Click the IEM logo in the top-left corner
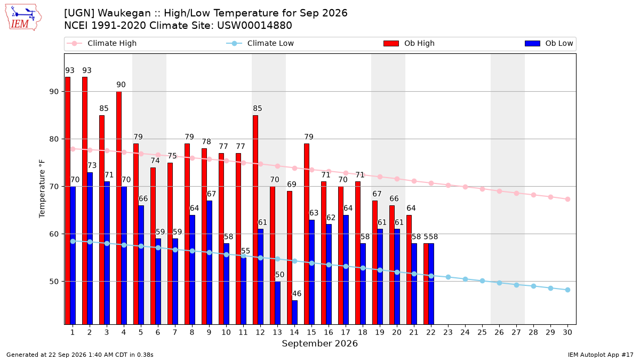[x=23, y=18]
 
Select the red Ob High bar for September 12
[x=255, y=220]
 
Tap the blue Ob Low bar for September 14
[x=294, y=313]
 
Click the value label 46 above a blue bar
[x=297, y=294]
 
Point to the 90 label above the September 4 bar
[x=121, y=85]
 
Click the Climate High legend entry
[x=102, y=43]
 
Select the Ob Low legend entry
[x=549, y=43]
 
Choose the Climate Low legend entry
[x=260, y=43]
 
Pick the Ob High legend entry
[x=409, y=43]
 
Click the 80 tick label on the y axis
[x=54, y=139]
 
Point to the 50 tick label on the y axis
[x=54, y=282]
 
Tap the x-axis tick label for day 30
[x=567, y=332]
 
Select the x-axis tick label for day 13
[x=277, y=332]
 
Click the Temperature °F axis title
[x=42, y=189]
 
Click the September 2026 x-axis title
[x=319, y=343]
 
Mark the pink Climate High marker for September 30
[x=567, y=199]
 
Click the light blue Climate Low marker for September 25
[x=482, y=281]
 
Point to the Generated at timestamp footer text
[x=79, y=355]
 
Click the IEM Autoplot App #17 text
[x=601, y=355]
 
